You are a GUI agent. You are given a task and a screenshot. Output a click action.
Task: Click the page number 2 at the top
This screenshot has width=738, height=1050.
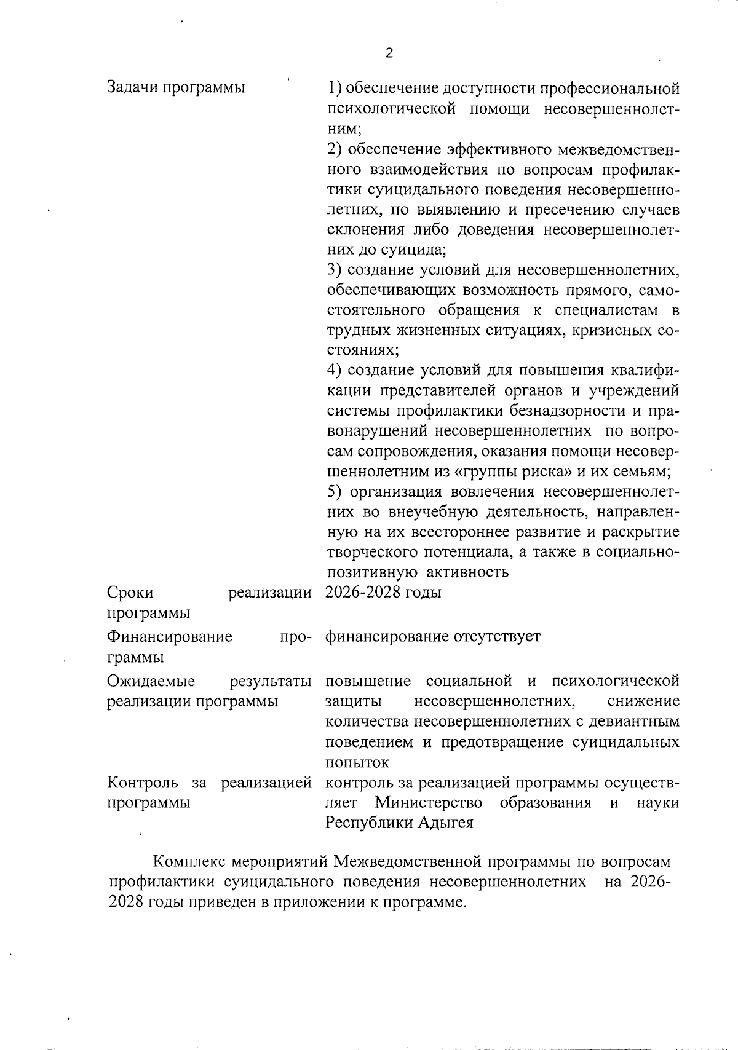coord(389,53)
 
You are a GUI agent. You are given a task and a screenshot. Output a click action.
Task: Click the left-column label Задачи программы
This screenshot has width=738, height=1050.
coord(176,87)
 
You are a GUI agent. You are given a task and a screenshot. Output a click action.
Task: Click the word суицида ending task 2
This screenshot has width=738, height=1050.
coord(414,250)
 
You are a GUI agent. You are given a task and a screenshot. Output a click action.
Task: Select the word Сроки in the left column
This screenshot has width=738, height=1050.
coord(130,593)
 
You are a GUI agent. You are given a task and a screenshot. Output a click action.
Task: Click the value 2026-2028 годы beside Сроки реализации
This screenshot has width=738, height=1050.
coord(383,593)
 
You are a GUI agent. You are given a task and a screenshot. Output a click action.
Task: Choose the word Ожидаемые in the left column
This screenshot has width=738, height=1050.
coord(151,681)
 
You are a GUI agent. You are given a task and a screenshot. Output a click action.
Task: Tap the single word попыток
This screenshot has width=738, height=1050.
coord(357,762)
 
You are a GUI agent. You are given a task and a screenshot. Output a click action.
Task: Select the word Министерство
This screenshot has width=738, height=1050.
coord(429,802)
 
